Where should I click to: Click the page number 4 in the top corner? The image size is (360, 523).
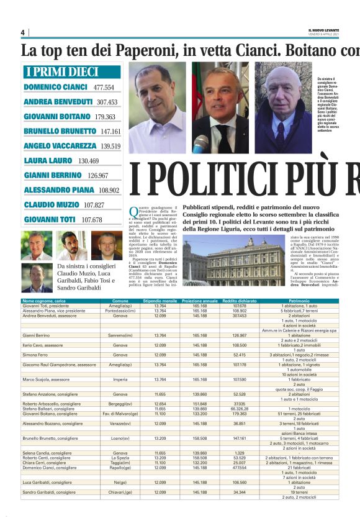[x=22, y=32]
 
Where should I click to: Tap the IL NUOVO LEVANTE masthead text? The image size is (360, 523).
[x=323, y=30]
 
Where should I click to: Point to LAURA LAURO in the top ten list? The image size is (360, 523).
[x=49, y=161]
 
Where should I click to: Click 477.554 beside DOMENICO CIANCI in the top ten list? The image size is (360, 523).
[x=104, y=88]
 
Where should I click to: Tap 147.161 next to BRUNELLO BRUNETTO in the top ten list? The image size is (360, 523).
[x=110, y=132]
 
